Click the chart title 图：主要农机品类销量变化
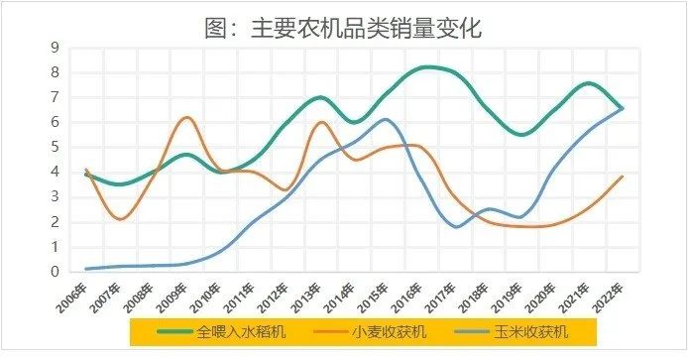[343, 27]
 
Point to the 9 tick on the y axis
[57, 48]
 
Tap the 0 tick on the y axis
[57, 272]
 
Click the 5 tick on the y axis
[57, 147]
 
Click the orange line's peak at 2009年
[186, 117]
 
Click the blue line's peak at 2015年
[387, 120]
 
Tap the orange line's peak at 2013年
[321, 122]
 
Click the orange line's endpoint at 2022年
[623, 177]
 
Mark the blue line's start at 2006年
[87, 268]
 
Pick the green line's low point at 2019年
[522, 134]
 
